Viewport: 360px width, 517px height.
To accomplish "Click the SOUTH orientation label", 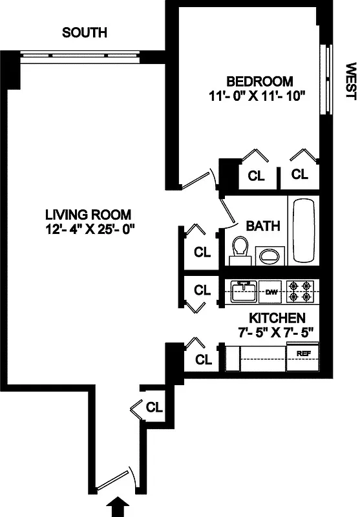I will [84, 33].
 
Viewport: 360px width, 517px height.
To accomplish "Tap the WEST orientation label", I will [350, 81].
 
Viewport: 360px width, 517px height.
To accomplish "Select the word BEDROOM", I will [259, 82].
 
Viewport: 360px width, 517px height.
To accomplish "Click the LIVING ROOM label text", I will [88, 214].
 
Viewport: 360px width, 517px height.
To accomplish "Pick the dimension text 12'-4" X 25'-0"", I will [88, 228].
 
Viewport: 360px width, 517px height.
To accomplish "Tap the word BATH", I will [263, 226].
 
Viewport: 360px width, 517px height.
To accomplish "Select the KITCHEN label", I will [277, 318].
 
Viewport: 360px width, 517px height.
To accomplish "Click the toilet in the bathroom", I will [240, 249].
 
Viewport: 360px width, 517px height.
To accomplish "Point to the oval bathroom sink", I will [268, 256].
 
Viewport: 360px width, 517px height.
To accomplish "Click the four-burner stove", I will [301, 291].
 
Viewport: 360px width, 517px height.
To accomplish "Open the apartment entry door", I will [115, 480].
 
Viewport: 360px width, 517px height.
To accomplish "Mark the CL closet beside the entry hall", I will [153, 408].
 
